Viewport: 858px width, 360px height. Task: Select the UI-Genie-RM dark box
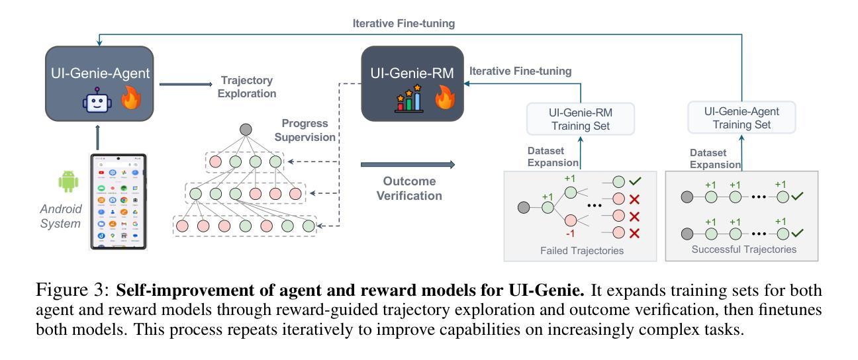point(411,83)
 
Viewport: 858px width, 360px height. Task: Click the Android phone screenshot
point(119,202)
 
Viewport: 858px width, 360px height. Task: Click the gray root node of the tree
point(246,129)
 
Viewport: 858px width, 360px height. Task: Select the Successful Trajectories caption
point(743,250)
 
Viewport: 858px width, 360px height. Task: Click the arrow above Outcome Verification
point(408,163)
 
